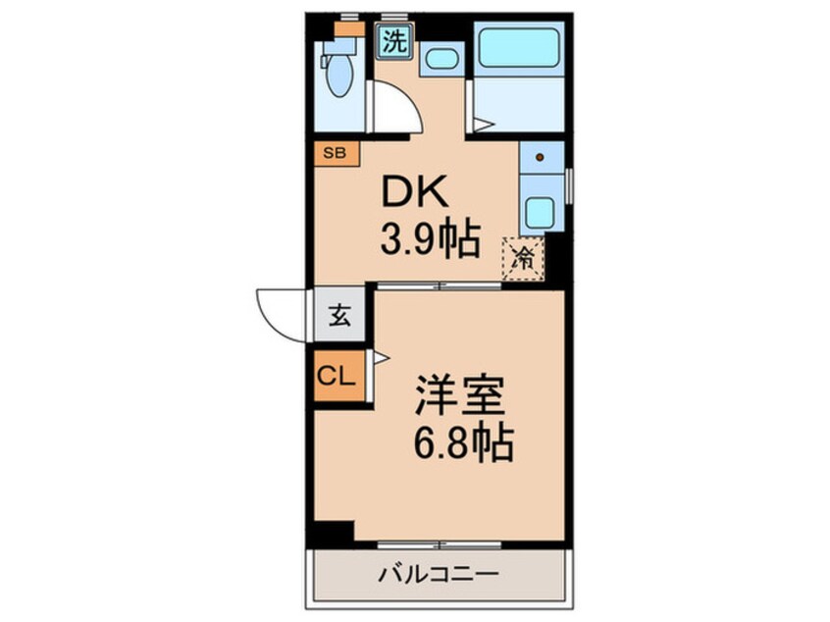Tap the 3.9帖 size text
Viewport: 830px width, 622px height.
pyautogui.click(x=430, y=238)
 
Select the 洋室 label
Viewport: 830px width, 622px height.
pyautogui.click(x=460, y=397)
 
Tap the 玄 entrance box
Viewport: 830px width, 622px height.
pyautogui.click(x=338, y=316)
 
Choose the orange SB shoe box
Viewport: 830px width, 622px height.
pyautogui.click(x=337, y=153)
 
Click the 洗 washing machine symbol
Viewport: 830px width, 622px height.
pyautogui.click(x=394, y=41)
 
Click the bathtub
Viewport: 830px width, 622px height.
pyautogui.click(x=518, y=46)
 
